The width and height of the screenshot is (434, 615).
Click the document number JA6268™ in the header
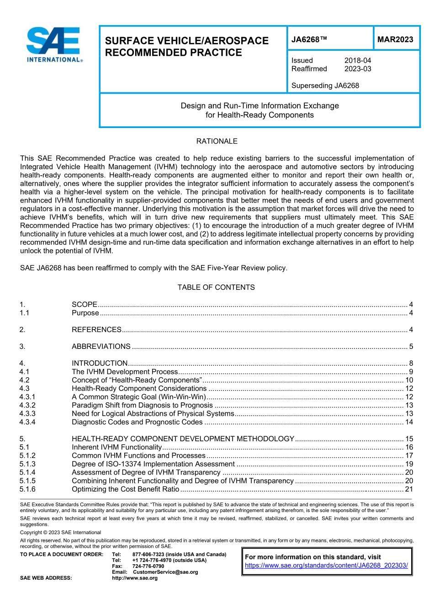pos(309,40)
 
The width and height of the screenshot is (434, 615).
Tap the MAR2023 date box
pos(395,40)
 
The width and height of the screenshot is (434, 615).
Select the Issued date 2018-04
pos(358,60)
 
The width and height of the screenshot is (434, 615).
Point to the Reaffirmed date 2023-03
pos(358,69)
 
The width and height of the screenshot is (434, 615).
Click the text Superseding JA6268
pos(325,86)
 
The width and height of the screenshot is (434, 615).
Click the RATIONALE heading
pos(217,141)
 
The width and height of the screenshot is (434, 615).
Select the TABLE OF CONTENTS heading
pos(216,287)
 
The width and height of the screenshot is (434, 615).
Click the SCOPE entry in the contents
pos(85,305)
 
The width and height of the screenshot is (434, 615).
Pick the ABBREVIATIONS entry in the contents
pos(101,347)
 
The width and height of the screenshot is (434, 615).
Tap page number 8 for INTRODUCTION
pos(411,364)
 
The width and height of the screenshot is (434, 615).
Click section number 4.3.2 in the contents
pos(27,405)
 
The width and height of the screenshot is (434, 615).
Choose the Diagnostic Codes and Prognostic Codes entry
pos(137,422)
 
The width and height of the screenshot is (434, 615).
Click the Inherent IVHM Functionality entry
pos(116,447)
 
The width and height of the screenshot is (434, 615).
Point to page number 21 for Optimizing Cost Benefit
pos(409,489)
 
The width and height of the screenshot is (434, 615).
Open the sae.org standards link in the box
pos(326,566)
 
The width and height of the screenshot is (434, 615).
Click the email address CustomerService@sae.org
pos(165,572)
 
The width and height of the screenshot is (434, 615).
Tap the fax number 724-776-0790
pos(148,566)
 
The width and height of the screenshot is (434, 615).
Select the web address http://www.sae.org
pos(135,578)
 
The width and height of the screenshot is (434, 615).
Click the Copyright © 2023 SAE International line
pos(60,532)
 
